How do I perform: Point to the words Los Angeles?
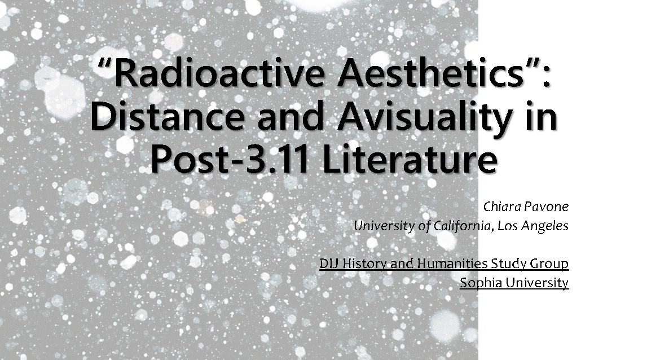[533, 226]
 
